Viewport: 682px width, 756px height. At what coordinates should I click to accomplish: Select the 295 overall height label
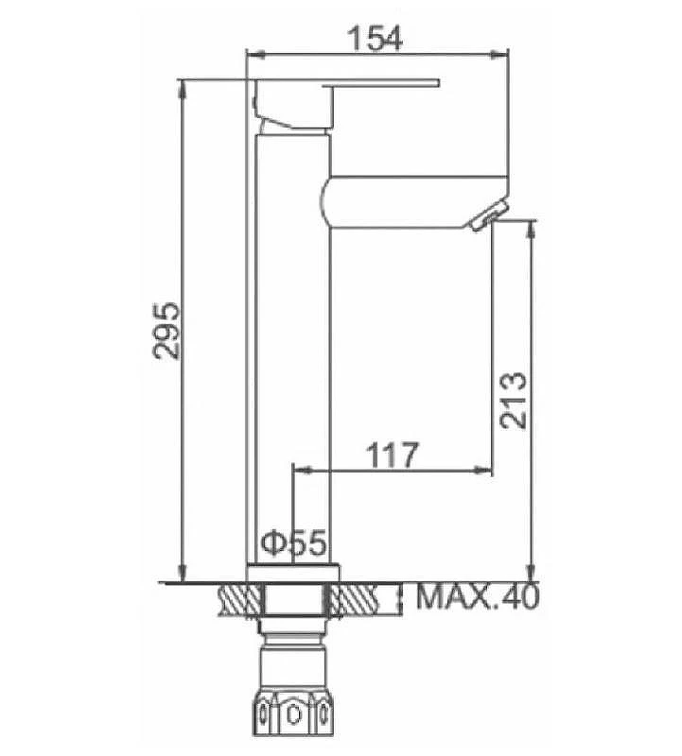[x=166, y=331]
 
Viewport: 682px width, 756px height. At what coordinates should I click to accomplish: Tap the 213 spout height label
[x=513, y=400]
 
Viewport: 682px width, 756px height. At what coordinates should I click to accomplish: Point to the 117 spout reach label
[x=392, y=455]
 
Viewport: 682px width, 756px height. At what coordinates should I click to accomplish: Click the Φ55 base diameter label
[x=293, y=543]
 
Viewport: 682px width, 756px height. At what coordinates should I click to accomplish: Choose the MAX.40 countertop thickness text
[x=477, y=597]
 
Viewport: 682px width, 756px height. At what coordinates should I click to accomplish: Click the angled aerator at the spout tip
[x=487, y=216]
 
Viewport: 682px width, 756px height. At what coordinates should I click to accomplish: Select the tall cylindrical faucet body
[x=293, y=349]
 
